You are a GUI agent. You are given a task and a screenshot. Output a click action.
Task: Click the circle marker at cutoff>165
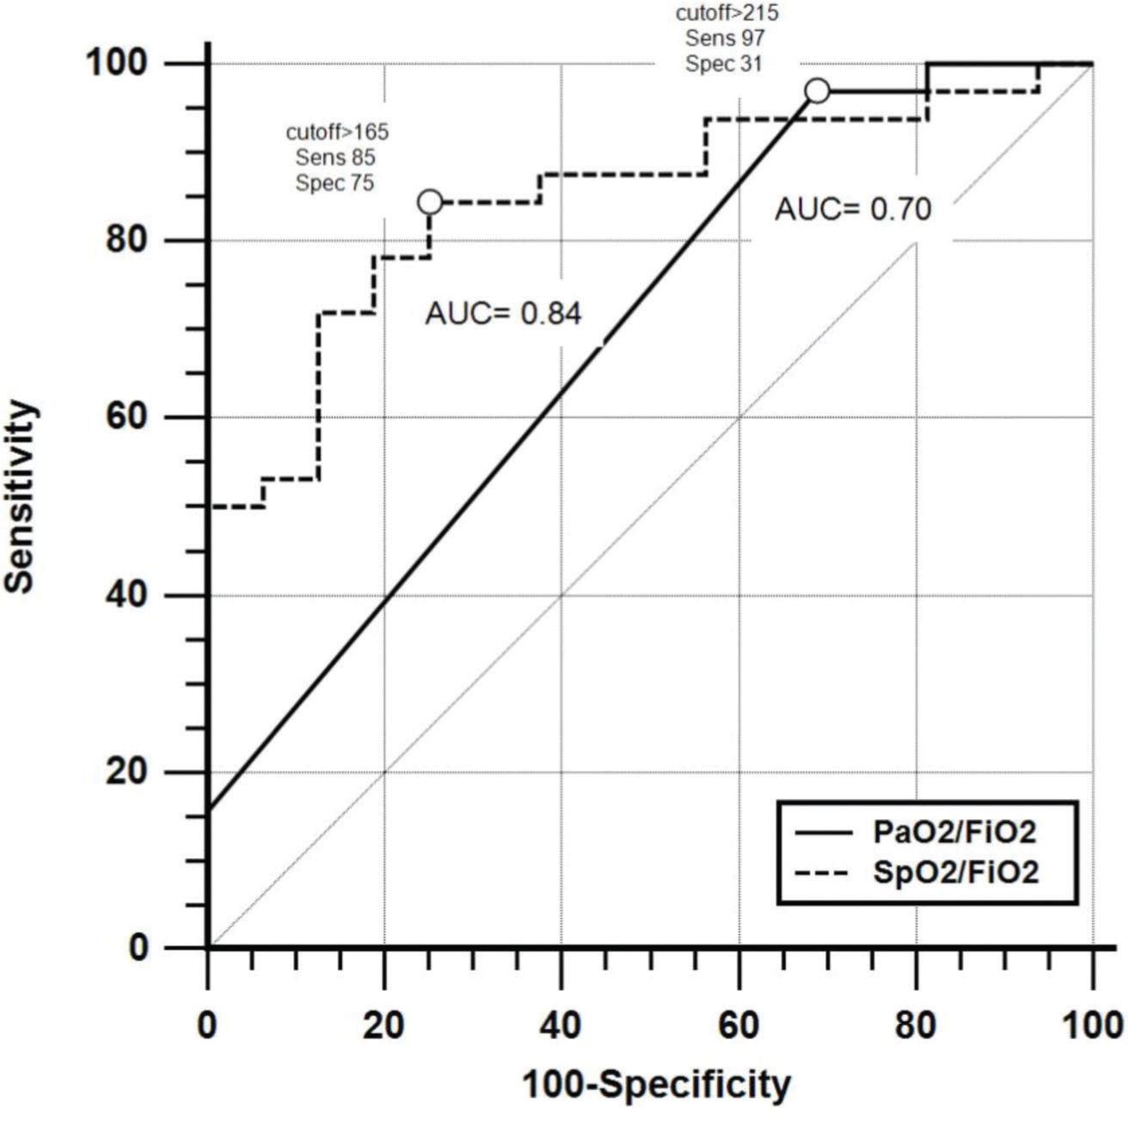click(430, 202)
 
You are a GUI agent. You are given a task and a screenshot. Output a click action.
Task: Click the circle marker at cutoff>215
click(817, 90)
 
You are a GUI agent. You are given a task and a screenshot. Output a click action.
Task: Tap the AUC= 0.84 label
click(503, 314)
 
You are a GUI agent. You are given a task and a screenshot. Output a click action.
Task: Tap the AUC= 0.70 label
click(853, 209)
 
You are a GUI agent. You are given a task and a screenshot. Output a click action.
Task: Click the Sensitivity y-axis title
click(21, 496)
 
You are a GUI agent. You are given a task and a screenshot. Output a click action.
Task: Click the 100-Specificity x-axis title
click(657, 1086)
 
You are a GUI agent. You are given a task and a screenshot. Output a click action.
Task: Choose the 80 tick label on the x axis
click(916, 1026)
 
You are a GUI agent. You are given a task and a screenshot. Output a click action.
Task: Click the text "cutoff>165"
click(337, 132)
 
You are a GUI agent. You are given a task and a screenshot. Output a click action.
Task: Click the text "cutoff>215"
click(727, 13)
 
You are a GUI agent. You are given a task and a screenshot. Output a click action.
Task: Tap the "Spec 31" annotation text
click(723, 64)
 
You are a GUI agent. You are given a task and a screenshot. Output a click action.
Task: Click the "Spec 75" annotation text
click(335, 182)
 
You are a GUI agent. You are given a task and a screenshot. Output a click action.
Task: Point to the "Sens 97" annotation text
click(725, 38)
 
